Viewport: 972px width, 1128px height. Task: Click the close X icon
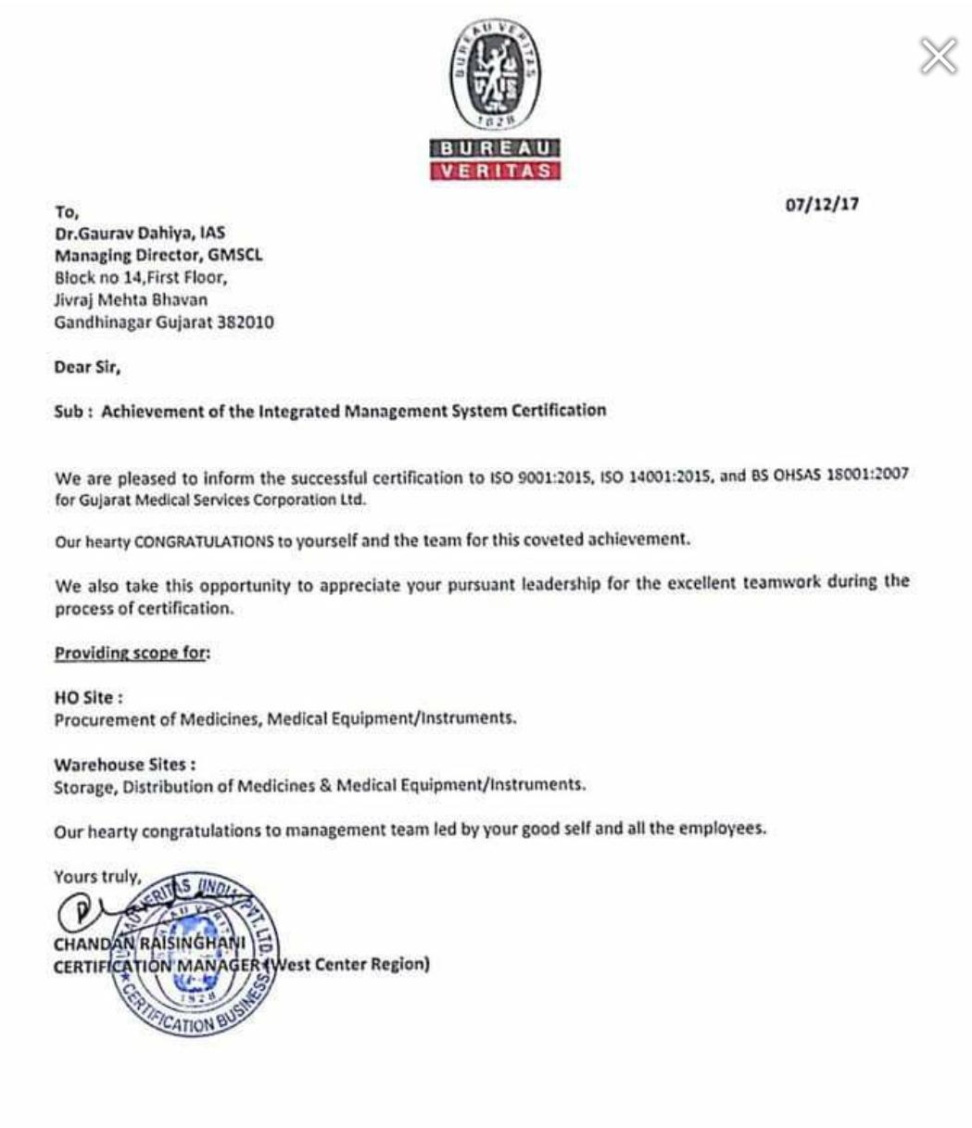point(938,57)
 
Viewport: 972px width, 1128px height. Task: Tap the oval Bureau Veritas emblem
point(495,75)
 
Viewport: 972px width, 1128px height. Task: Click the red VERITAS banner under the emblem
point(495,171)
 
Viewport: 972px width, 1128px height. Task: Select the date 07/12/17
point(821,205)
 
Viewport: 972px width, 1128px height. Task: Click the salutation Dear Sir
point(88,367)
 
